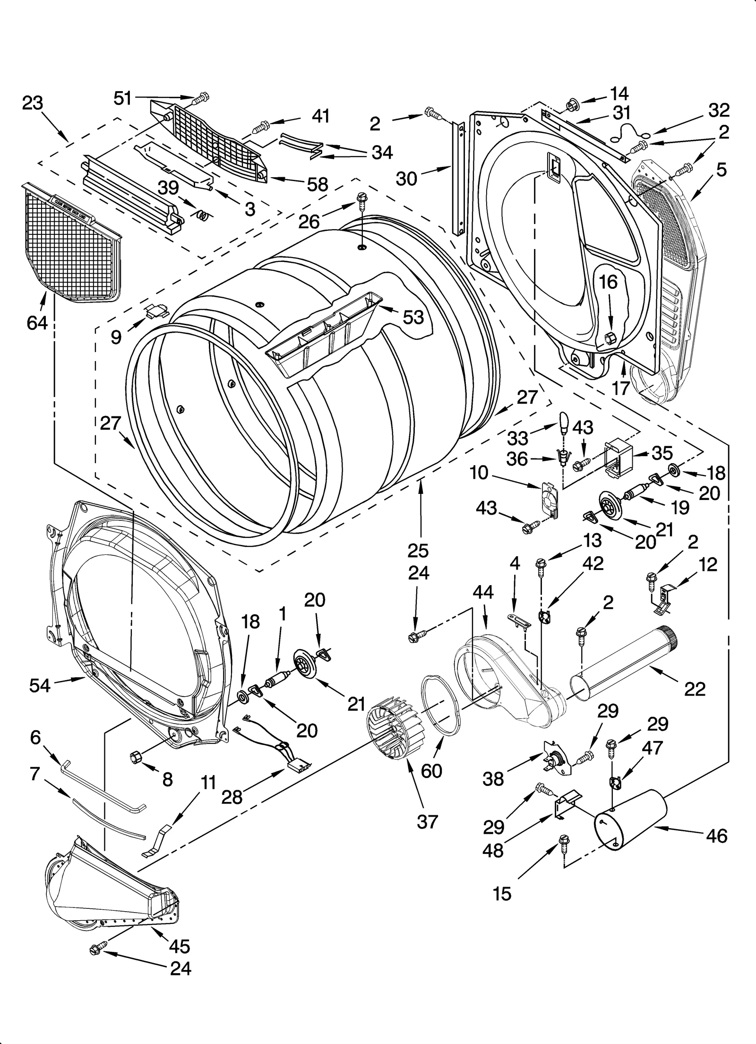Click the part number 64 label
point(37,323)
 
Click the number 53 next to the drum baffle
point(413,317)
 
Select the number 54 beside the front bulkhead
point(40,685)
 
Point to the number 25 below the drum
point(418,551)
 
